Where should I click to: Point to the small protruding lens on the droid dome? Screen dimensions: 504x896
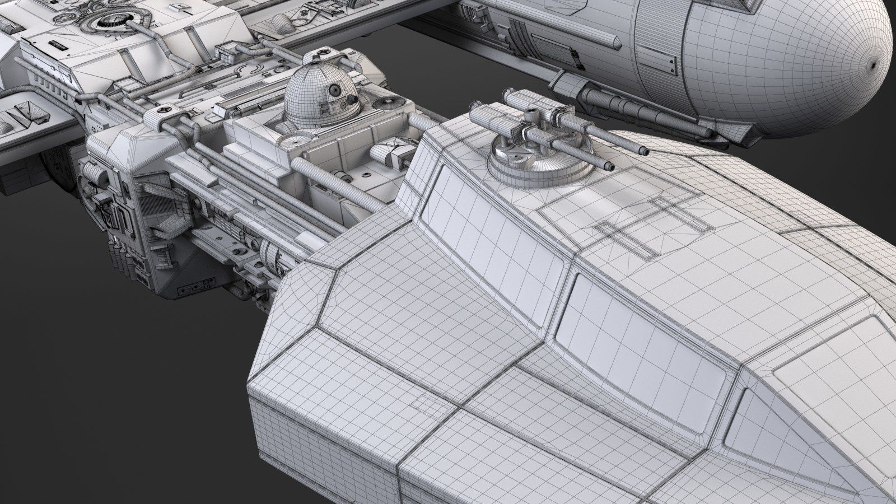(353, 101)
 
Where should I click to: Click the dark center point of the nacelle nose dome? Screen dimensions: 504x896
(872, 64)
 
